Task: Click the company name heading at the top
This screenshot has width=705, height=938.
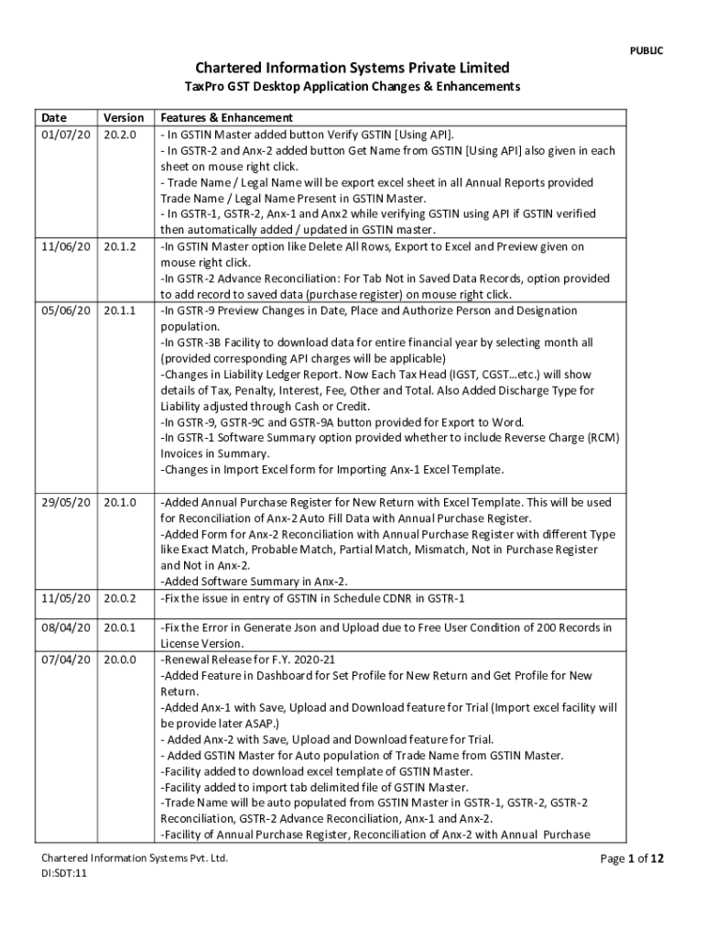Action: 352,68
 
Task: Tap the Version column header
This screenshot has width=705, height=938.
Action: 124,117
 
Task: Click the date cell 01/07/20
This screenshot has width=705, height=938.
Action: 66,134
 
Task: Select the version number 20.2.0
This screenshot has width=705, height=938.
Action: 120,134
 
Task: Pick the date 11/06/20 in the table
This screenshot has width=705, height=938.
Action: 66,246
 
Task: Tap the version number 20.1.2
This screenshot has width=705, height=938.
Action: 120,246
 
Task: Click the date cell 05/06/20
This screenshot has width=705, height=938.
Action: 66,311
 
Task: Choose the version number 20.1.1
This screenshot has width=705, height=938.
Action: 120,311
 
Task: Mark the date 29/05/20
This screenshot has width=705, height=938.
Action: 66,502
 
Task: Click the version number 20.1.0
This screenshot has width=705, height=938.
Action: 120,502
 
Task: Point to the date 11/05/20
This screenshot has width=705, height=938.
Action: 66,598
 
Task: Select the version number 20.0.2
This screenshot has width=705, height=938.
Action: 120,598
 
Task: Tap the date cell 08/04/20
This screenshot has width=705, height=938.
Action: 66,627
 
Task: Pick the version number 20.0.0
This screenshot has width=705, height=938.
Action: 120,660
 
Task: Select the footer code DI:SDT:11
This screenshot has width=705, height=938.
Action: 64,874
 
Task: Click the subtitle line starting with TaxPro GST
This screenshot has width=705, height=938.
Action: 352,87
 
